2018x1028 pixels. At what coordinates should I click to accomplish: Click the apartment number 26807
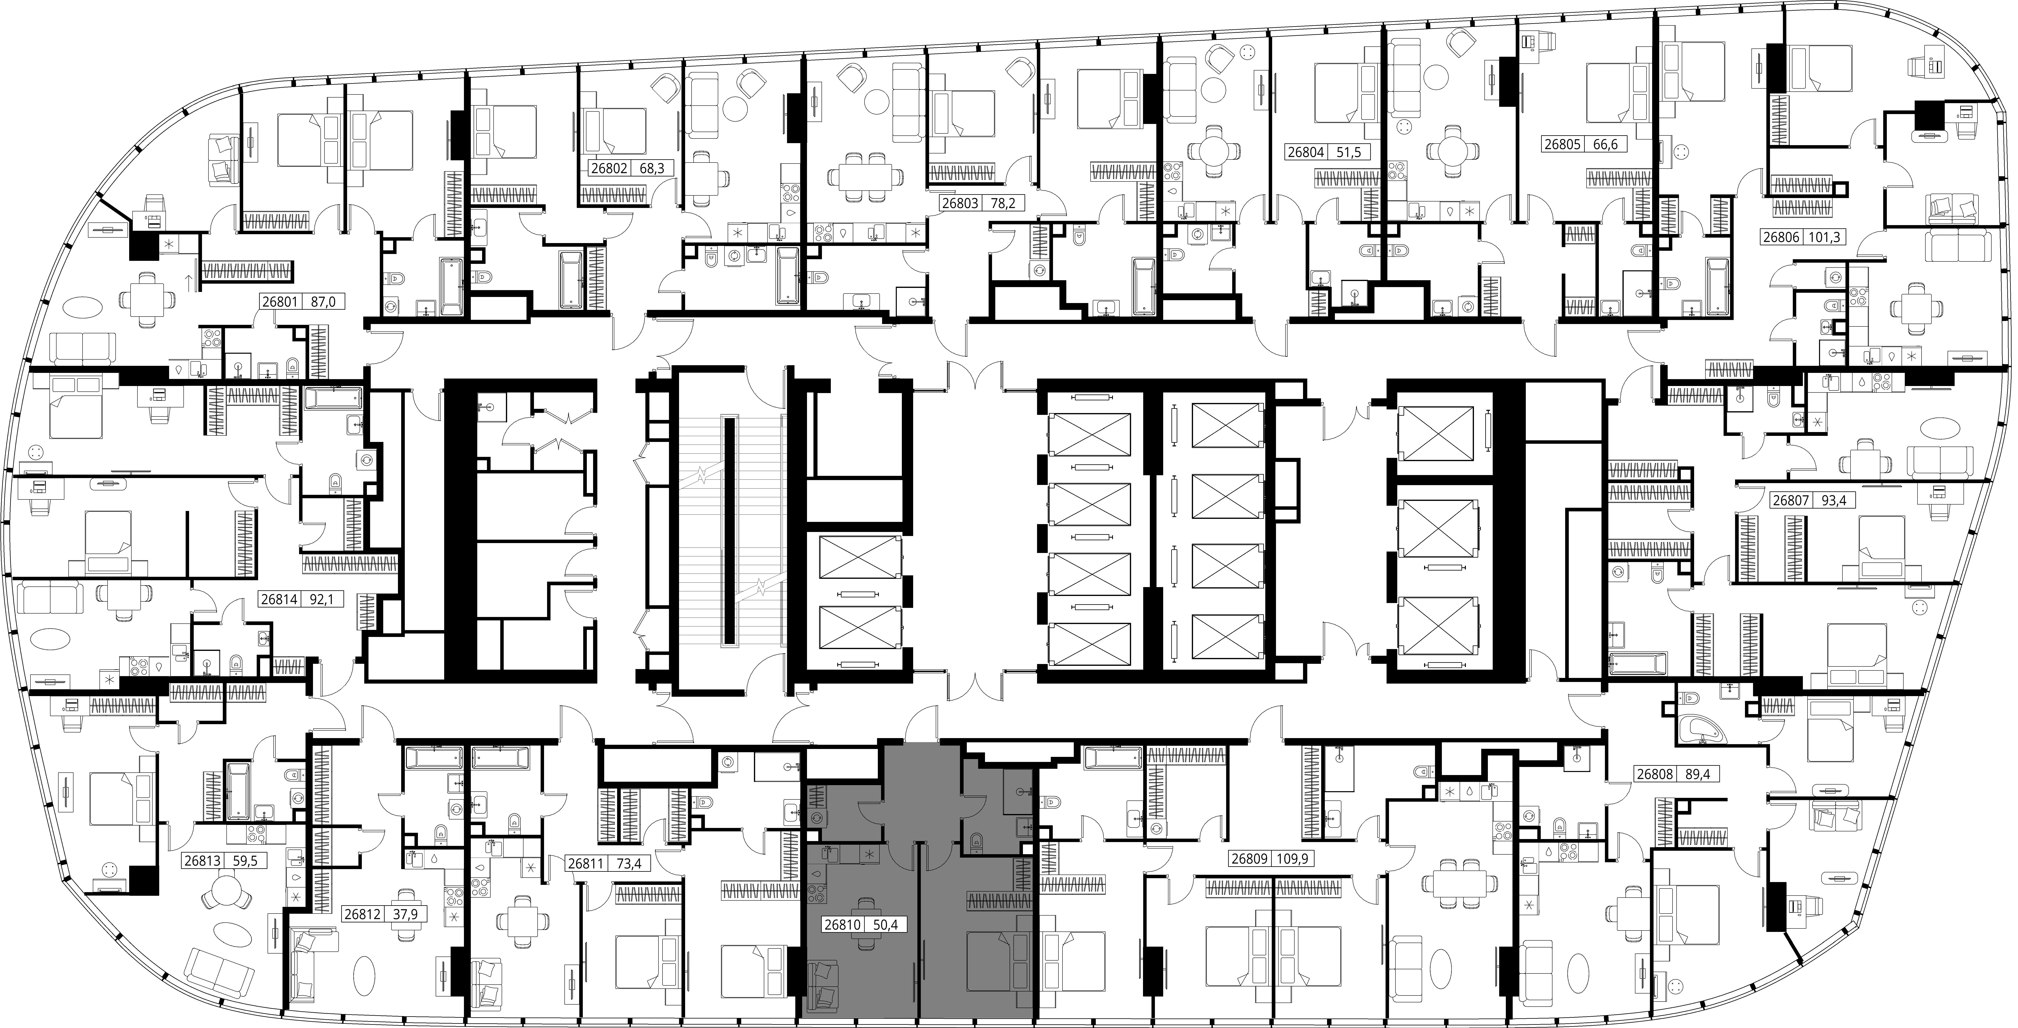coord(1790,500)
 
